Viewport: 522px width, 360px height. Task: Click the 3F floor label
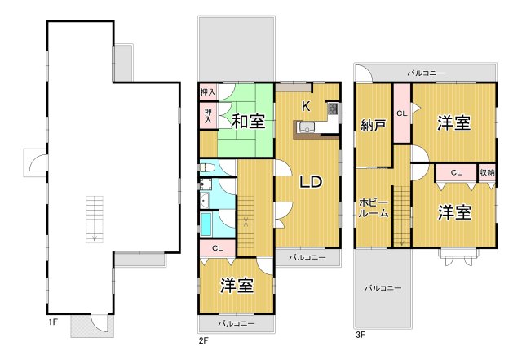point(360,335)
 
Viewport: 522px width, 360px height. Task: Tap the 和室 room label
point(247,122)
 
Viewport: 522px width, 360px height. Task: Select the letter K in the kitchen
point(306,105)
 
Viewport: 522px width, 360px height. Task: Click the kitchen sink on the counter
point(307,126)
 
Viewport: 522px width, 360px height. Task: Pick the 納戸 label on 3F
point(373,126)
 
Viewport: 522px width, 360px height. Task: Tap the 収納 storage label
point(486,172)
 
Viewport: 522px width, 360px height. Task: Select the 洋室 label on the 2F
point(236,286)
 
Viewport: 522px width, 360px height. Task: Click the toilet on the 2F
point(207,169)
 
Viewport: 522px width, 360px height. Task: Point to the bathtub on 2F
point(207,224)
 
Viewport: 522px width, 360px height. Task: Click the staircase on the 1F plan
point(95,219)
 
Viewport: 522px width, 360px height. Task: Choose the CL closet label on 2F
point(217,248)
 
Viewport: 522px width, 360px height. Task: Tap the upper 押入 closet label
point(208,92)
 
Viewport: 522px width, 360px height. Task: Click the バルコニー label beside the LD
point(307,258)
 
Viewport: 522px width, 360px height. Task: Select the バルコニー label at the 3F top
point(427,73)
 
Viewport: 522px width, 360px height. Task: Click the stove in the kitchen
point(332,109)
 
